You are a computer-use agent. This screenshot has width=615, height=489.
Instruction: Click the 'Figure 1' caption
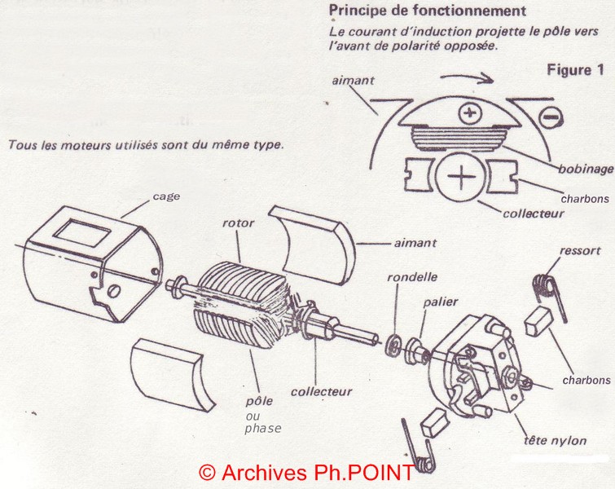pyautogui.click(x=575, y=70)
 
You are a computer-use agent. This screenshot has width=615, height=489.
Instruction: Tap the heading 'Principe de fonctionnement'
pyautogui.click(x=427, y=11)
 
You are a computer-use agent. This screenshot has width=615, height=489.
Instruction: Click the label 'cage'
pyautogui.click(x=166, y=196)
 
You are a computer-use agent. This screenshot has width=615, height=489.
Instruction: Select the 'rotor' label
pyautogui.click(x=238, y=223)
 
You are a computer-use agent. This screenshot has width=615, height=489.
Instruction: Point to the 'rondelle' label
pyautogui.click(x=412, y=277)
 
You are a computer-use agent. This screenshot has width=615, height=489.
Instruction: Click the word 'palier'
pyautogui.click(x=441, y=302)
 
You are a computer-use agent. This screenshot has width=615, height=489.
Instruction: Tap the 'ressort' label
pyautogui.click(x=580, y=250)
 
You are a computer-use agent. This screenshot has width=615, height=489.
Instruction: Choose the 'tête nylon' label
pyautogui.click(x=555, y=440)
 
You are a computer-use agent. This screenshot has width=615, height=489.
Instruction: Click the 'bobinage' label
pyautogui.click(x=586, y=170)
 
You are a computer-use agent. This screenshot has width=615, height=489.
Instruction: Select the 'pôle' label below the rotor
pyautogui.click(x=259, y=401)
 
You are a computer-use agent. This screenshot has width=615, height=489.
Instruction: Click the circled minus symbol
pyautogui.click(x=551, y=117)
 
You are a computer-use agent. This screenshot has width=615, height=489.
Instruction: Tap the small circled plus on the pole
pyautogui.click(x=469, y=113)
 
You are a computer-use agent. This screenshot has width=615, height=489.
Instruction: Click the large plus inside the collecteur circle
pyautogui.click(x=462, y=177)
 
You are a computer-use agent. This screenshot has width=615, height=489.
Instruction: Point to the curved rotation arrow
pyautogui.click(x=467, y=77)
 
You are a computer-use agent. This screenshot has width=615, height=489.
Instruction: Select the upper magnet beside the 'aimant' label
pyautogui.click(x=311, y=244)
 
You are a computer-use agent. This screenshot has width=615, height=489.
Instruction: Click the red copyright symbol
pyautogui.click(x=207, y=473)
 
